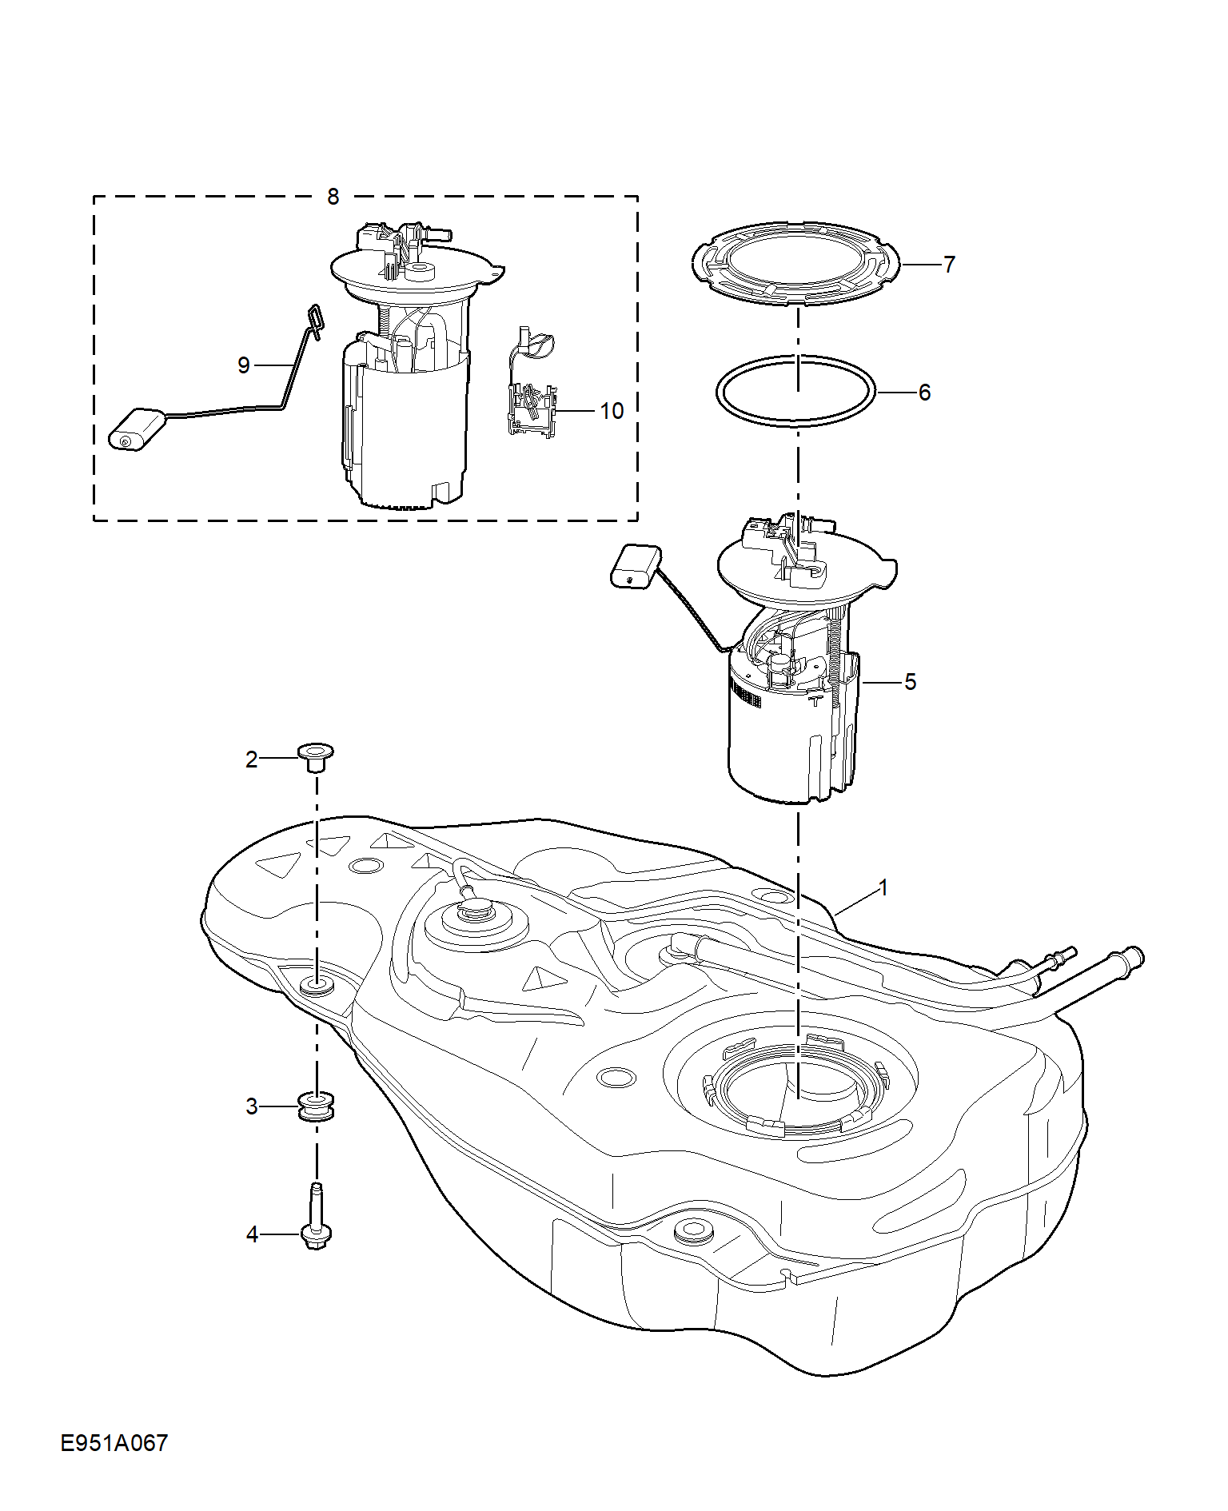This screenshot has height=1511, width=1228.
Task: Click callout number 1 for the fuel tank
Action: coord(883,887)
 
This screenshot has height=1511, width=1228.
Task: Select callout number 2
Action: coord(251,759)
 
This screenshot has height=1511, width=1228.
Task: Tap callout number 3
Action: coord(251,1106)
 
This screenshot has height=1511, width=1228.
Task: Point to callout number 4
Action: coord(252,1235)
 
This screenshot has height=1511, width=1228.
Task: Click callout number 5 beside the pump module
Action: coord(910,682)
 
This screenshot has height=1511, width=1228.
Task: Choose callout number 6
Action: coord(924,393)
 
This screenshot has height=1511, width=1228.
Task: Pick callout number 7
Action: coord(949,265)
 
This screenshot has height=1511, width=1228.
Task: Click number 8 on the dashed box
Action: coord(333,196)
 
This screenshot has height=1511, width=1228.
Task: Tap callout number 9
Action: coord(244,365)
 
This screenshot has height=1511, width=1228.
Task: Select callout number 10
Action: coord(612,411)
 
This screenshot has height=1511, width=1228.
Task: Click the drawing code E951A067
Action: coord(114,1443)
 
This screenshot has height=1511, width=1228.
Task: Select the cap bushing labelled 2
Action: coord(315,756)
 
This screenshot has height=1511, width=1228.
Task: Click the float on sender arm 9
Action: coord(138,429)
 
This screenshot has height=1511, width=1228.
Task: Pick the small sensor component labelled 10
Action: coord(531,384)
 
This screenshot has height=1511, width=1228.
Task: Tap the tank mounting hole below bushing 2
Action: coord(317,983)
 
